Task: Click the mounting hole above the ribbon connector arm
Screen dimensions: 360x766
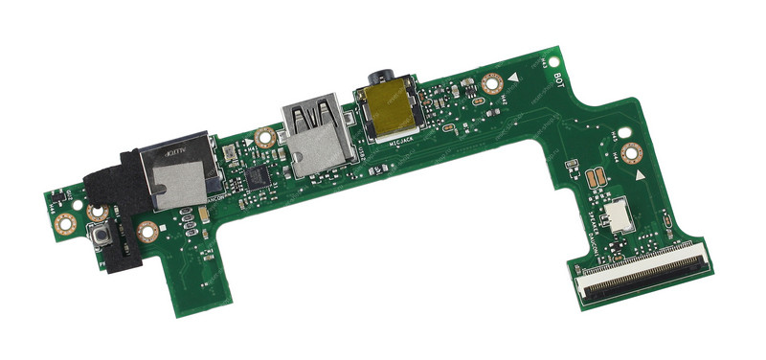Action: (630, 153)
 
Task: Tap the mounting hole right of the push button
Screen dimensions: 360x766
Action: (146, 231)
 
